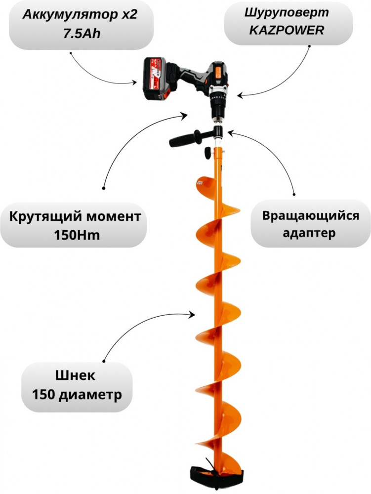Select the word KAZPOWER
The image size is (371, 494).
pos(287,30)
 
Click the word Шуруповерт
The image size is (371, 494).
pos(287,13)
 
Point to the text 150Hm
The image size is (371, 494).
pos(77,235)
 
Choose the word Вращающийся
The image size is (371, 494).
pos(311,216)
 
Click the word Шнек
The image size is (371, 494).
pos(75,375)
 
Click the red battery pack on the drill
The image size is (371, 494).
pos(155,79)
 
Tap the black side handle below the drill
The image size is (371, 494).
pos(187,138)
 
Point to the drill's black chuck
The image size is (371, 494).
pos(217,107)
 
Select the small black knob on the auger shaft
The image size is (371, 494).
pos(208,153)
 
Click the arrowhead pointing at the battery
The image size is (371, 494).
pos(134,82)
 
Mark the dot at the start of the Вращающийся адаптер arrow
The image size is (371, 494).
pos(294,195)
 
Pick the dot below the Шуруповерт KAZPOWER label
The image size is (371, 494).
pos(309,46)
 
